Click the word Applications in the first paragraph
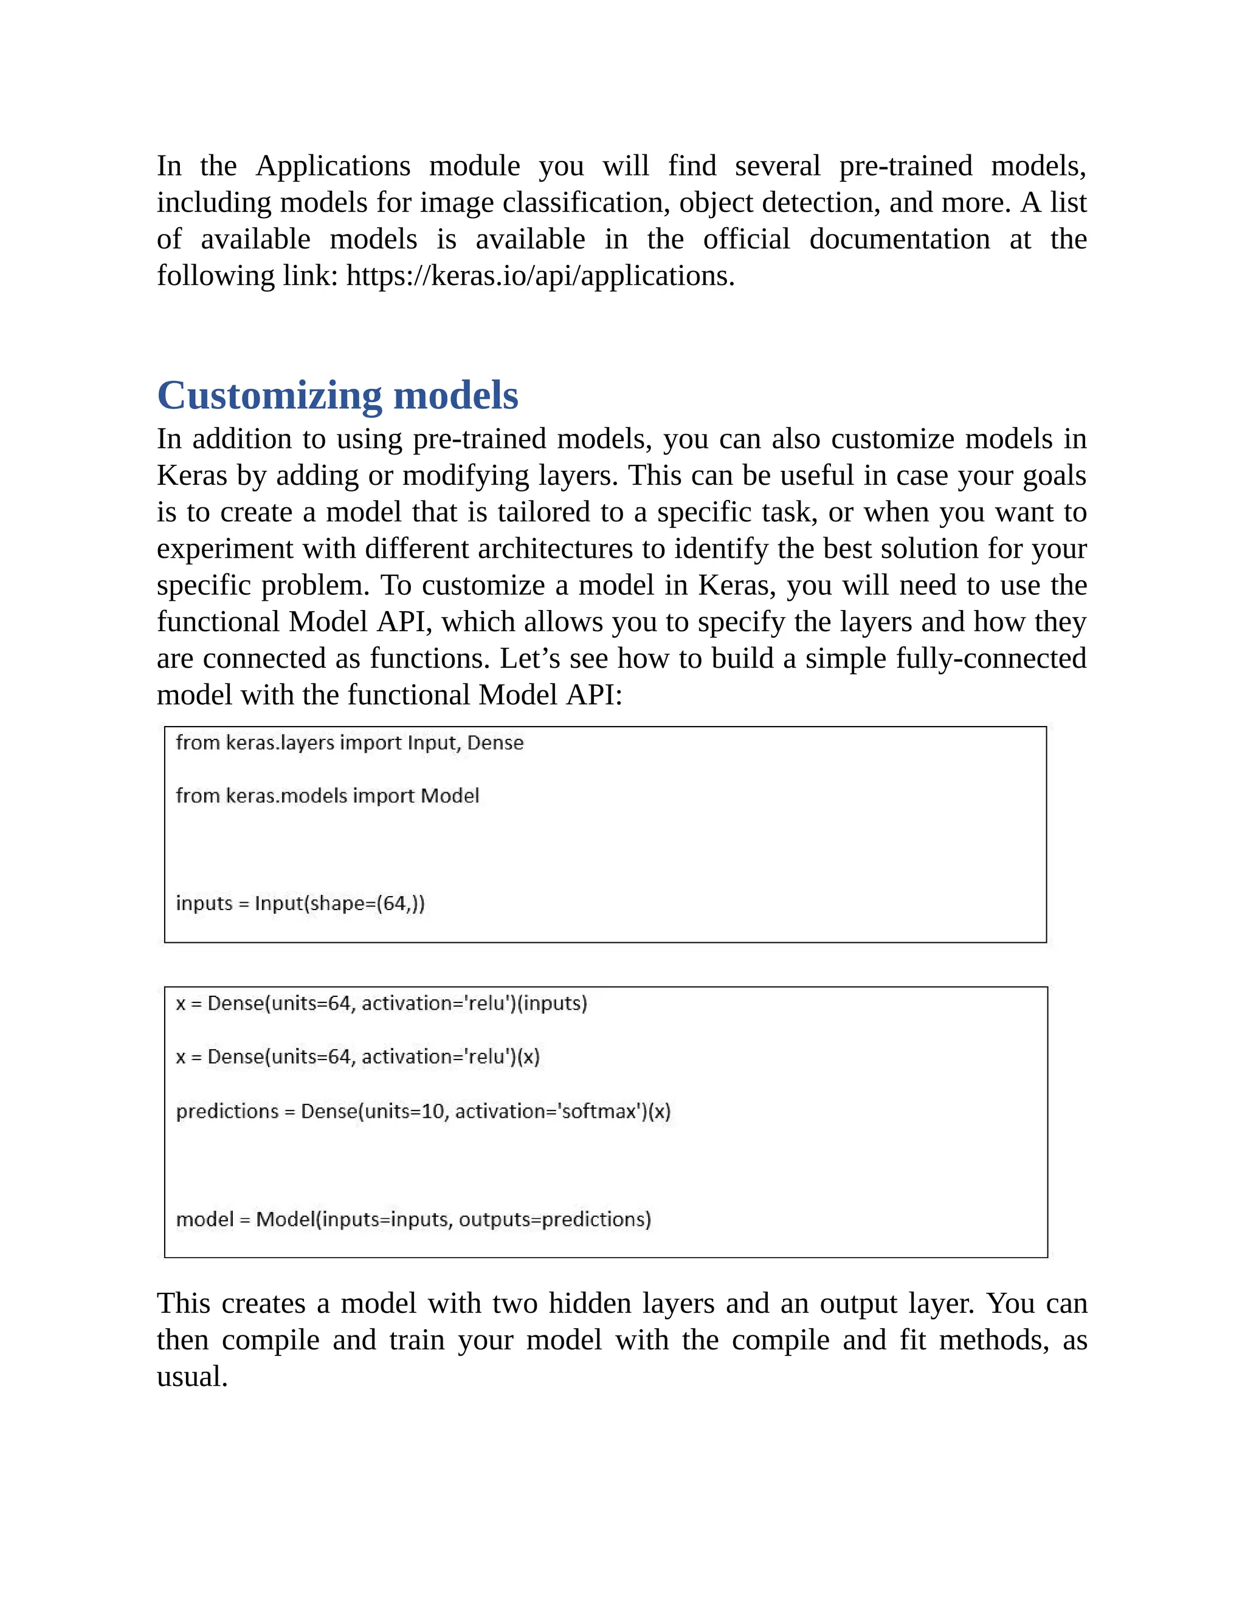(x=333, y=166)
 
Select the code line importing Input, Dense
(x=350, y=742)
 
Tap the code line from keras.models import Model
(x=328, y=795)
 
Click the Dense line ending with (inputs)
(x=381, y=1003)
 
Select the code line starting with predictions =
(x=422, y=1111)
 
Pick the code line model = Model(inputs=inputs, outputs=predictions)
(x=413, y=1219)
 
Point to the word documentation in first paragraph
(x=899, y=239)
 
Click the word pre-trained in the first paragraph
(x=905, y=166)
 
